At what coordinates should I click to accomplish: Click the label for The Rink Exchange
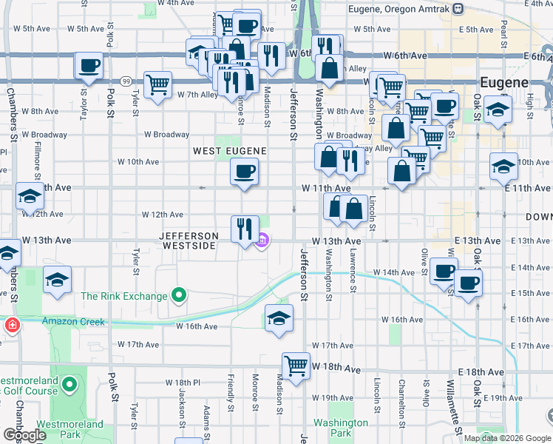pyautogui.click(x=124, y=297)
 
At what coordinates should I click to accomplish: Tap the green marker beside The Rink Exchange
pyautogui.click(x=178, y=297)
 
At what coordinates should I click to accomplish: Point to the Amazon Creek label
pyautogui.click(x=74, y=322)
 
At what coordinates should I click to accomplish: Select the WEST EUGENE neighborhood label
pyautogui.click(x=229, y=150)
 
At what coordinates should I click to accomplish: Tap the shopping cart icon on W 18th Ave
pyautogui.click(x=296, y=365)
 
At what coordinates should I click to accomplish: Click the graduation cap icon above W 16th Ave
pyautogui.click(x=278, y=318)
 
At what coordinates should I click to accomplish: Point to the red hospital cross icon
pyautogui.click(x=12, y=326)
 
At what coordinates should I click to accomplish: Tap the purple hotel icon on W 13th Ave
pyautogui.click(x=262, y=240)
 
